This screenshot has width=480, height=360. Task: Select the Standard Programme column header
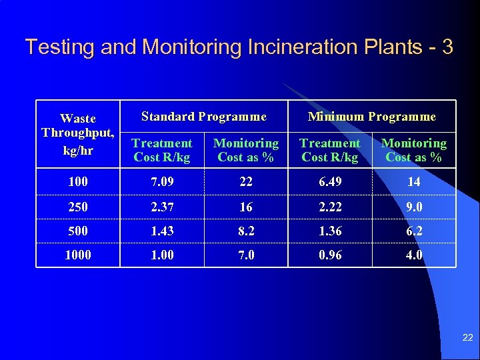tap(203, 117)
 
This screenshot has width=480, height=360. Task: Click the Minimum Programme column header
tap(371, 117)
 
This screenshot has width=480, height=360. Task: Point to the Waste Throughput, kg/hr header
tap(78, 134)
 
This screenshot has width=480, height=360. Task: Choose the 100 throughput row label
tap(78, 181)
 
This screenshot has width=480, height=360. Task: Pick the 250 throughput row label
tap(78, 207)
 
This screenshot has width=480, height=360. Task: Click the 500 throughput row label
tap(78, 231)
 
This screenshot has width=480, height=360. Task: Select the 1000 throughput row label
tap(78, 255)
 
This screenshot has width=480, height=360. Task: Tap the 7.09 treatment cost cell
tap(162, 181)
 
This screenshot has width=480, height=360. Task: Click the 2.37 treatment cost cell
tap(162, 207)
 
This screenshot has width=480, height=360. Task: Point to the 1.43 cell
tap(162, 231)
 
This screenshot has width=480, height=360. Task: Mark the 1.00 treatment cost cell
tap(162, 255)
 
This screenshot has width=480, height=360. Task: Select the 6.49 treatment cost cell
tap(329, 181)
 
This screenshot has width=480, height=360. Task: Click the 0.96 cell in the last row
tap(329, 255)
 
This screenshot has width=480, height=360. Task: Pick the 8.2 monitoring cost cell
tap(246, 231)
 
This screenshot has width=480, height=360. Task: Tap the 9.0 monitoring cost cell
tap(413, 207)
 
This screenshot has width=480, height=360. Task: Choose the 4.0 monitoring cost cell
tap(413, 255)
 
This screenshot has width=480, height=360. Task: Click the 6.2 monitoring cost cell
tap(413, 231)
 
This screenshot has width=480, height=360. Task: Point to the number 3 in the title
tap(447, 47)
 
